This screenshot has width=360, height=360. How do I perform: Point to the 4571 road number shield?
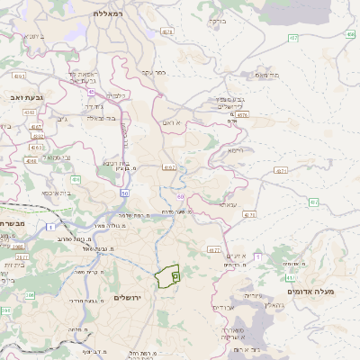tap(250, 215)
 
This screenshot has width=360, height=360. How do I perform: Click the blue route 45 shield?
tap(91, 91)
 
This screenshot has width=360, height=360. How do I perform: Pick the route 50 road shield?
tap(124, 193)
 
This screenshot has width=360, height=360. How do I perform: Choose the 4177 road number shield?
tap(213, 249)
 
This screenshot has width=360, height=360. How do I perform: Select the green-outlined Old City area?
tap(166, 276)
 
